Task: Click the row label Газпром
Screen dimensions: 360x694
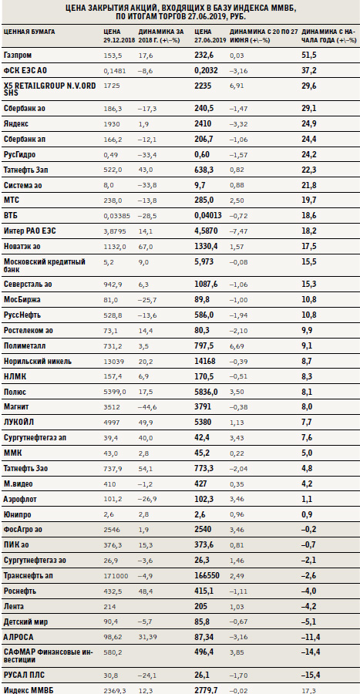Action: pos(17,56)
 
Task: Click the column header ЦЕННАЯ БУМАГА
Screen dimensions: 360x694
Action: pos(29,32)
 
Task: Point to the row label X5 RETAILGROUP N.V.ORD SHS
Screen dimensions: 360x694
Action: pos(49,89)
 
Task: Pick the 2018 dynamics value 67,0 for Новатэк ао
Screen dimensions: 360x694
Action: pos(145,246)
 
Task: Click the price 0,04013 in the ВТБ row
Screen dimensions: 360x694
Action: pos(208,216)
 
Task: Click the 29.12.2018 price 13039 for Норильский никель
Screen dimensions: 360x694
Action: pos(112,361)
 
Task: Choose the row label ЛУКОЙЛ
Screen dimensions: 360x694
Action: pos(19,423)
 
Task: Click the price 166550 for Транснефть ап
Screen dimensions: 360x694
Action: pos(207,576)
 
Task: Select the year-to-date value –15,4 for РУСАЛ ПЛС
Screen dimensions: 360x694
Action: pos(311,675)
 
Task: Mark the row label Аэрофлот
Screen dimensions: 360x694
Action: pos(20,499)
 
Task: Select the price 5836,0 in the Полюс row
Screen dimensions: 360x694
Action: pos(206,392)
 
